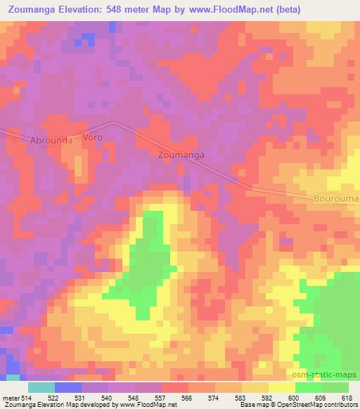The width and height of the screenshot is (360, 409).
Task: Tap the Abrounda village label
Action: tap(51, 140)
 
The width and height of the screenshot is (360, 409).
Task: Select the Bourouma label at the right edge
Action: tap(336, 200)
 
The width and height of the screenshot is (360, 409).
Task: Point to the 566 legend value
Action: tap(188, 398)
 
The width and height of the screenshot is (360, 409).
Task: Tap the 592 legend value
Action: tap(268, 398)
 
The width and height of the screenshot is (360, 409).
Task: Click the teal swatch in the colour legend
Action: tap(41, 388)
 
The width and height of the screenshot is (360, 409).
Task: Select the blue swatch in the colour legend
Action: tap(67, 388)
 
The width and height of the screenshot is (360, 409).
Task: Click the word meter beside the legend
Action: tap(9, 398)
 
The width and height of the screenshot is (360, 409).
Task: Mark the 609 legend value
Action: tap(321, 398)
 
